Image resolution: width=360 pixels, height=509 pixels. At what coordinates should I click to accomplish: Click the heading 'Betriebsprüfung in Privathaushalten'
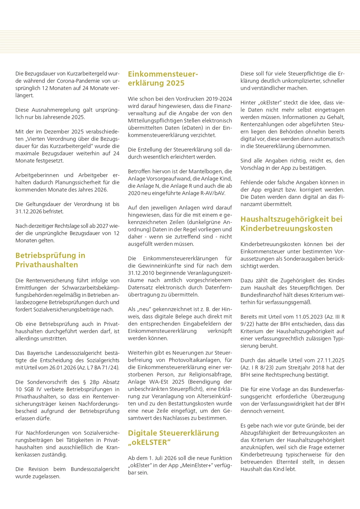click(x=50, y=260)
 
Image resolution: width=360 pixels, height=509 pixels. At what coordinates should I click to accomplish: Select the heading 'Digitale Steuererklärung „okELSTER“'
click(x=173, y=437)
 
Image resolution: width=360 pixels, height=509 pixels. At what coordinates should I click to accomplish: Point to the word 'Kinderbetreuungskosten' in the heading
click(x=286, y=228)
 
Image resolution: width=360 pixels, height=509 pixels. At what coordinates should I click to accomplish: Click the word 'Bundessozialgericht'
click(x=95, y=469)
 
